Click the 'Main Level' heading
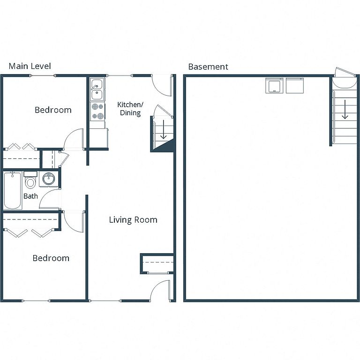coord(30,66)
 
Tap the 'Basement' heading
coord(208,67)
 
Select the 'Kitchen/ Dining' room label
coord(130,109)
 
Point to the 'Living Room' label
coord(133,220)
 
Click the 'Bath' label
coord(30,196)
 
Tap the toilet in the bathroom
coord(30,180)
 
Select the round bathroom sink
coord(49,179)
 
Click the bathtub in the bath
coord(13,190)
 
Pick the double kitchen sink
coord(97,90)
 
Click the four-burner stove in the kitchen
coord(97,112)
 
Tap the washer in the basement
coord(274,85)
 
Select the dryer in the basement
coord(295,85)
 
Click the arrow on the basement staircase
coord(345,109)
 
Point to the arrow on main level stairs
coord(163,129)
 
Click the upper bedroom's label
coord(53,110)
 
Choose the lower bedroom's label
coord(51,258)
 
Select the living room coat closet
coord(157,263)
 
